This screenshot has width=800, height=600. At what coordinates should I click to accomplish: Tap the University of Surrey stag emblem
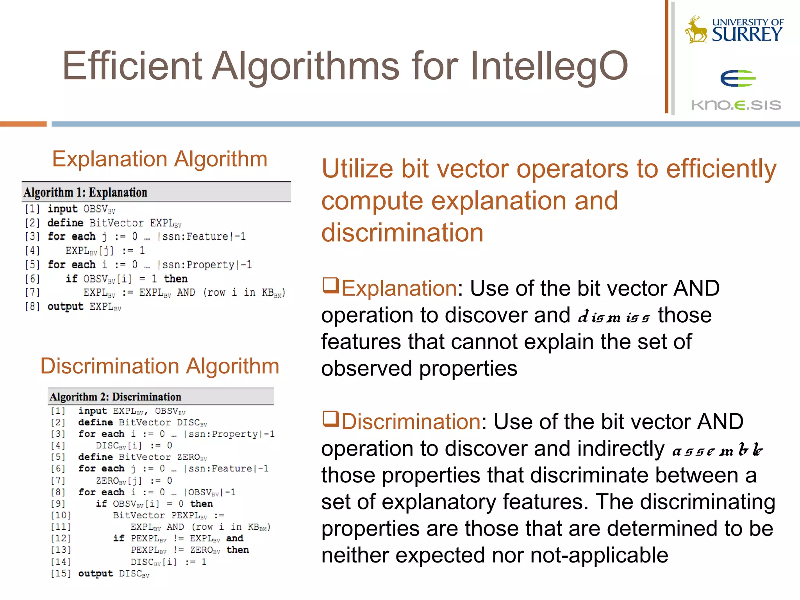coord(696,30)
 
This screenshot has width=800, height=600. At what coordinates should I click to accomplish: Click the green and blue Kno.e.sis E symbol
coord(738,79)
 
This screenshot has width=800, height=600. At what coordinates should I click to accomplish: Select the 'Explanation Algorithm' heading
coord(160,159)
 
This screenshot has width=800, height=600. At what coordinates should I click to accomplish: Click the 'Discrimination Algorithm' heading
coord(160,366)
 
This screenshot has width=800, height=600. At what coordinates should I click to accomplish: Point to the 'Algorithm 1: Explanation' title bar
coord(156,192)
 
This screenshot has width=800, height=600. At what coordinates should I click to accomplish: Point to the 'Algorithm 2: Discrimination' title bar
coord(161,397)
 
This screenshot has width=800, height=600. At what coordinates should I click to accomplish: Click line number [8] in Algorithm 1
coord(32,307)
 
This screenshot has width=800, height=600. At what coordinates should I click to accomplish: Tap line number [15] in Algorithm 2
coord(61,573)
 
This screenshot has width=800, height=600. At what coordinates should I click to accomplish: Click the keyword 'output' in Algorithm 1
coord(65,307)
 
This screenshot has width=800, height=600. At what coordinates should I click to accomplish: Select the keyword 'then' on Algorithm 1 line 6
coord(176,279)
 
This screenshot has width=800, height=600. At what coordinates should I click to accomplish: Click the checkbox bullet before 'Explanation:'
coord(330,285)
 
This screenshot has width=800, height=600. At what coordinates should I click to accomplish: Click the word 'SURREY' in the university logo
coord(747,34)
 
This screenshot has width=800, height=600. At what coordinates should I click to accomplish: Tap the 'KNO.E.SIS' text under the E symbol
coord(736,105)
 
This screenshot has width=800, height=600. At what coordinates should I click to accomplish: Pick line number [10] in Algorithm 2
coord(61,516)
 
